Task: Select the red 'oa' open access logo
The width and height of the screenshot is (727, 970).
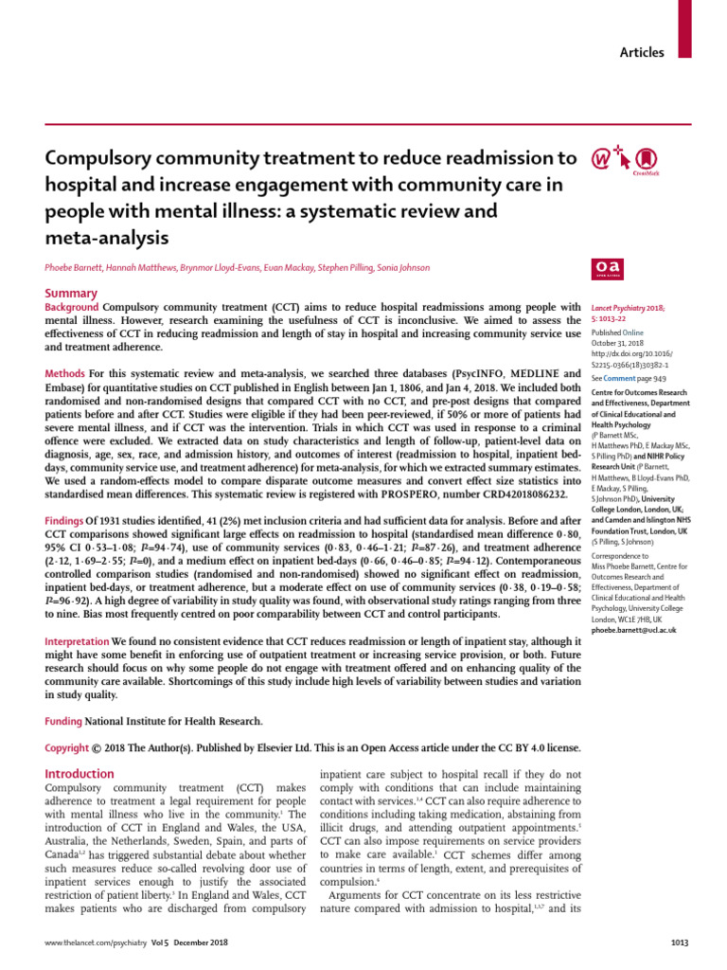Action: click(x=605, y=269)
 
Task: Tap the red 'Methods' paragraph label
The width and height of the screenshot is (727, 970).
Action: click(x=66, y=375)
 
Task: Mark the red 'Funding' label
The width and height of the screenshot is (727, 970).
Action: click(x=65, y=722)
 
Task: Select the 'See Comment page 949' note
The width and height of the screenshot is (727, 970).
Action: click(x=629, y=377)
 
